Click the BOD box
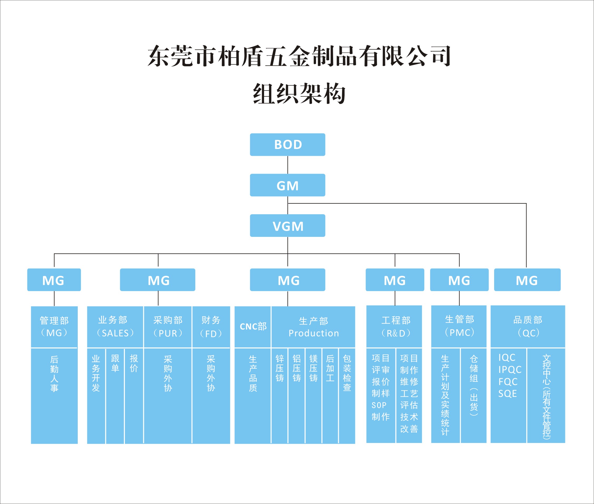pyautogui.click(x=287, y=144)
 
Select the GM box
pyautogui.click(x=287, y=185)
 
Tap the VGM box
pyautogui.click(x=287, y=226)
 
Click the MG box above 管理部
pyautogui.click(x=54, y=280)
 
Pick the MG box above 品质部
pyautogui.click(x=527, y=280)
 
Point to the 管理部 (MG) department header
pyautogui.click(x=54, y=327)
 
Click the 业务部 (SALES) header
pyautogui.click(x=115, y=327)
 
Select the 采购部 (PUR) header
pyautogui.click(x=168, y=327)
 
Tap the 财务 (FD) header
pyautogui.click(x=211, y=327)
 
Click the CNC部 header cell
pyautogui.click(x=253, y=327)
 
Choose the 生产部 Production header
pyautogui.click(x=313, y=327)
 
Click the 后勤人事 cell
pyautogui.click(x=54, y=374)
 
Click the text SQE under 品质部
pyautogui.click(x=508, y=394)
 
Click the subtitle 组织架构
pyautogui.click(x=299, y=94)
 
